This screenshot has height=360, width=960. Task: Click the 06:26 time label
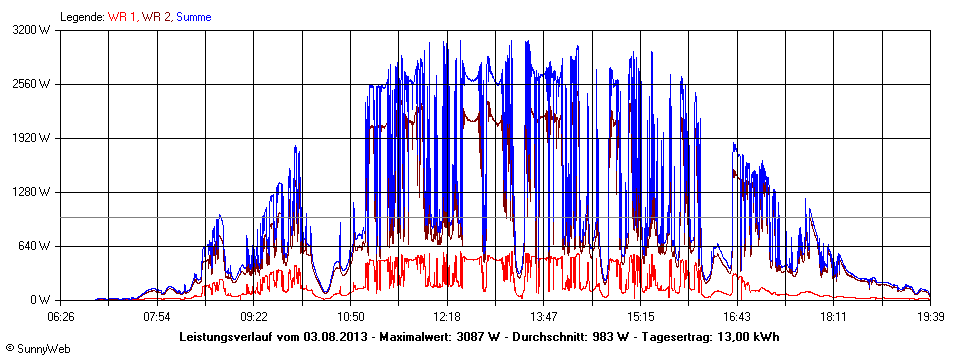tap(61, 316)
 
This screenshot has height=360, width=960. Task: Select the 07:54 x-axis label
tap(158, 316)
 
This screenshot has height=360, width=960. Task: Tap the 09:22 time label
tap(255, 316)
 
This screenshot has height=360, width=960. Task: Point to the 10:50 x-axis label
tap(351, 316)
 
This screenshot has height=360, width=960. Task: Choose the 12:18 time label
tap(448, 316)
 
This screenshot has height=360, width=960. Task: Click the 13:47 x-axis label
tap(544, 316)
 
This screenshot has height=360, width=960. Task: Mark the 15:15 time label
tap(641, 316)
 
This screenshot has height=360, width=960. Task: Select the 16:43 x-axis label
tap(738, 316)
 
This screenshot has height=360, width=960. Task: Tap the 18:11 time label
tap(834, 316)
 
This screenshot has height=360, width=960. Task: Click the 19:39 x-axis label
tap(930, 316)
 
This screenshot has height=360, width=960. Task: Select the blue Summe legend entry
tap(193, 16)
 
